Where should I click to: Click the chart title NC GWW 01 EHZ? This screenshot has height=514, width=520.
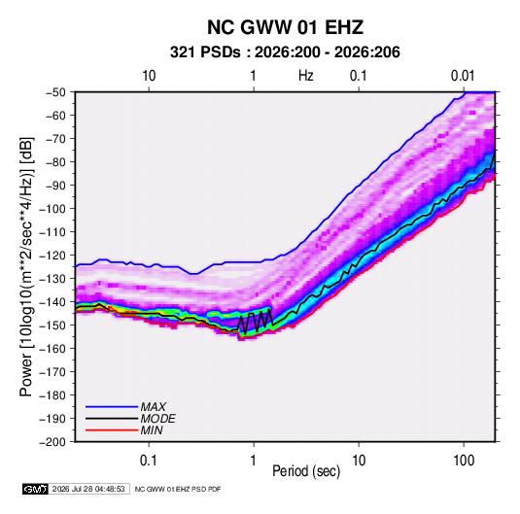(285, 27)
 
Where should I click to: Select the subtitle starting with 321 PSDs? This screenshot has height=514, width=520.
(285, 52)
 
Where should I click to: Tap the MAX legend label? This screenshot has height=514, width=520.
(154, 407)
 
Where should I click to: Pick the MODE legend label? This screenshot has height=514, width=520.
(157, 419)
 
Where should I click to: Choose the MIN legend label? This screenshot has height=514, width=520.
(152, 430)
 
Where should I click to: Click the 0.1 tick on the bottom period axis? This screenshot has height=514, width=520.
(149, 461)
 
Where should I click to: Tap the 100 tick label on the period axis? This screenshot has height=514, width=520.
(464, 461)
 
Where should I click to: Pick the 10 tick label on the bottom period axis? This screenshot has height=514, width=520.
(359, 461)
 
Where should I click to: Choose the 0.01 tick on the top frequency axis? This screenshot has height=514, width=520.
(463, 76)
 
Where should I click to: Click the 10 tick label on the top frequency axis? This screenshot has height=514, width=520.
(149, 76)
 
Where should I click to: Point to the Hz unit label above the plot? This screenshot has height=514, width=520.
(306, 76)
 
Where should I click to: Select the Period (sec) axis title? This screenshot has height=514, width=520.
(306, 471)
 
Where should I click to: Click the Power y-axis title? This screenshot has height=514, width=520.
(26, 266)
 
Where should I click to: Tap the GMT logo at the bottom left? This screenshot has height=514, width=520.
(36, 489)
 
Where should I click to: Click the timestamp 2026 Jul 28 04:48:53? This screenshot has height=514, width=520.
(88, 489)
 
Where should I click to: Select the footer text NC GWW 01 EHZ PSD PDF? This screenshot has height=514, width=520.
(178, 489)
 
